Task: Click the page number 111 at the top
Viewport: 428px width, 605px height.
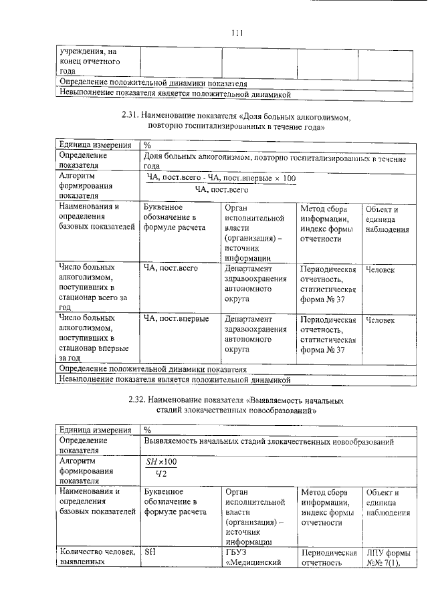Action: tap(235, 32)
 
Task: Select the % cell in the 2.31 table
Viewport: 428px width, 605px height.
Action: tap(147, 144)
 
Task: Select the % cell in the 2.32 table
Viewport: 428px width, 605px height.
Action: tap(148, 430)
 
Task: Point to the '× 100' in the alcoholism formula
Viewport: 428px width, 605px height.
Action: tap(284, 178)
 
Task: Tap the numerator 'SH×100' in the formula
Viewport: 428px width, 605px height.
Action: tap(161, 462)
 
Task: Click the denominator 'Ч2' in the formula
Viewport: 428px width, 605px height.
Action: tap(160, 475)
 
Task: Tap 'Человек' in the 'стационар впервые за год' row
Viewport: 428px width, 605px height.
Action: tap(380, 320)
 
